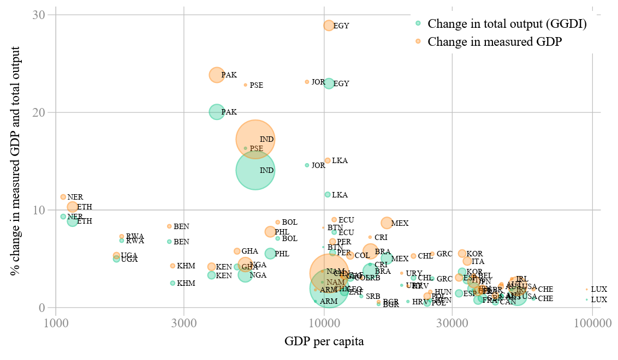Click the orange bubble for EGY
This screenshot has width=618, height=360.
coord(329,26)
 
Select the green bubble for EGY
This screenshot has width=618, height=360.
coord(329,83)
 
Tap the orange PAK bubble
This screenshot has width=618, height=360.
coord(217,75)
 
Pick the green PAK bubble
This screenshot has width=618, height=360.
coord(217,112)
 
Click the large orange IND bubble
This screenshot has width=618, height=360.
coord(255,139)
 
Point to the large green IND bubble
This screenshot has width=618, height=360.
coord(255,170)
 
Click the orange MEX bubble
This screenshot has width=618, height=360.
coord(387,223)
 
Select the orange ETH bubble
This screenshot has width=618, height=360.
coord(73,207)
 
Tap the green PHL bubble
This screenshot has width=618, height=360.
coord(270,254)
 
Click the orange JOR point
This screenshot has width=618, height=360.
coord(307,82)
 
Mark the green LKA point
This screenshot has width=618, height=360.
coord(328,195)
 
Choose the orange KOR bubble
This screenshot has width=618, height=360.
coord(462,254)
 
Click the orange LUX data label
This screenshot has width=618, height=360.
coord(598,289)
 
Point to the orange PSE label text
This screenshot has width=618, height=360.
coord(256,86)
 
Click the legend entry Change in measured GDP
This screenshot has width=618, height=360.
coord(495,41)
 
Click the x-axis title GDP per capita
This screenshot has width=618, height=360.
coord(324,342)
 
